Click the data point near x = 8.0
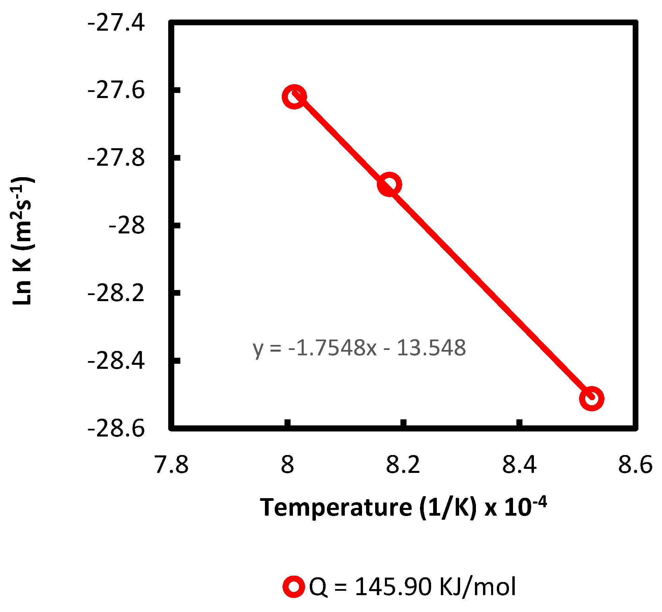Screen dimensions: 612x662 [294, 97]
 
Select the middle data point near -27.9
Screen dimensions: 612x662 [389, 185]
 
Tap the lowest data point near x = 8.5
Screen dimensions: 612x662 [591, 398]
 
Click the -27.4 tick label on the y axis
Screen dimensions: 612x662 [116, 23]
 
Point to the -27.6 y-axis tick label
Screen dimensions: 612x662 [116, 91]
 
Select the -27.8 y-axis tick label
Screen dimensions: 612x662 [116, 158]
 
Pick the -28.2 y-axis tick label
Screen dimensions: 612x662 [116, 293]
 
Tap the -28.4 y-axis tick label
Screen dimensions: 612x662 [116, 361]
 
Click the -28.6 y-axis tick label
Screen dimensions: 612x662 [116, 429]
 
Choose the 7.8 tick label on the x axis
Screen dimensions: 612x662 [172, 465]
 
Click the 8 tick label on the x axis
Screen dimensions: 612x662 [288, 465]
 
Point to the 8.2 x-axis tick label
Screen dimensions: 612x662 [403, 465]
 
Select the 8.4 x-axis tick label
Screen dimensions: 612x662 [519, 465]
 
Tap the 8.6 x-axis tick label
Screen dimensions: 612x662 [635, 465]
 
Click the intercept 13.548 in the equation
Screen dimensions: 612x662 [431, 348]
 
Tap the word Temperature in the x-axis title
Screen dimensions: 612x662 [336, 508]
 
